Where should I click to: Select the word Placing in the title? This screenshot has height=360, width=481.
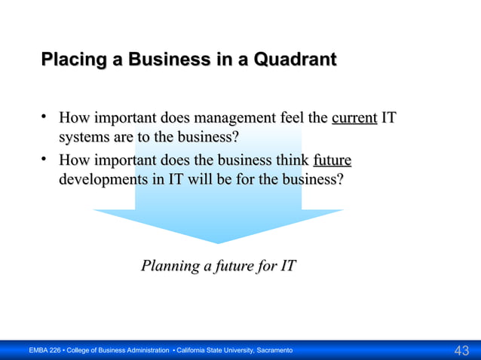pos(69,59)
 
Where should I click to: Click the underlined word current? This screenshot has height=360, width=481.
pos(354,118)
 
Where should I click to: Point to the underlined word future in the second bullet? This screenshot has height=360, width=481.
pos(332,160)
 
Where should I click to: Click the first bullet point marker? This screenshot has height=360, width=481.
pos(45,117)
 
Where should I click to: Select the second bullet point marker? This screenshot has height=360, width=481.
pos(45,160)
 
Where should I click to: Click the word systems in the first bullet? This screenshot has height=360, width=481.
pos(84,138)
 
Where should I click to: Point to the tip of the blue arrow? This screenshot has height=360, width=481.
pos(218,242)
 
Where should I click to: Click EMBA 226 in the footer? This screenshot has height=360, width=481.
pos(44,351)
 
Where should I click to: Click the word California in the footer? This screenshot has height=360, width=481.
pos(195,351)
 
